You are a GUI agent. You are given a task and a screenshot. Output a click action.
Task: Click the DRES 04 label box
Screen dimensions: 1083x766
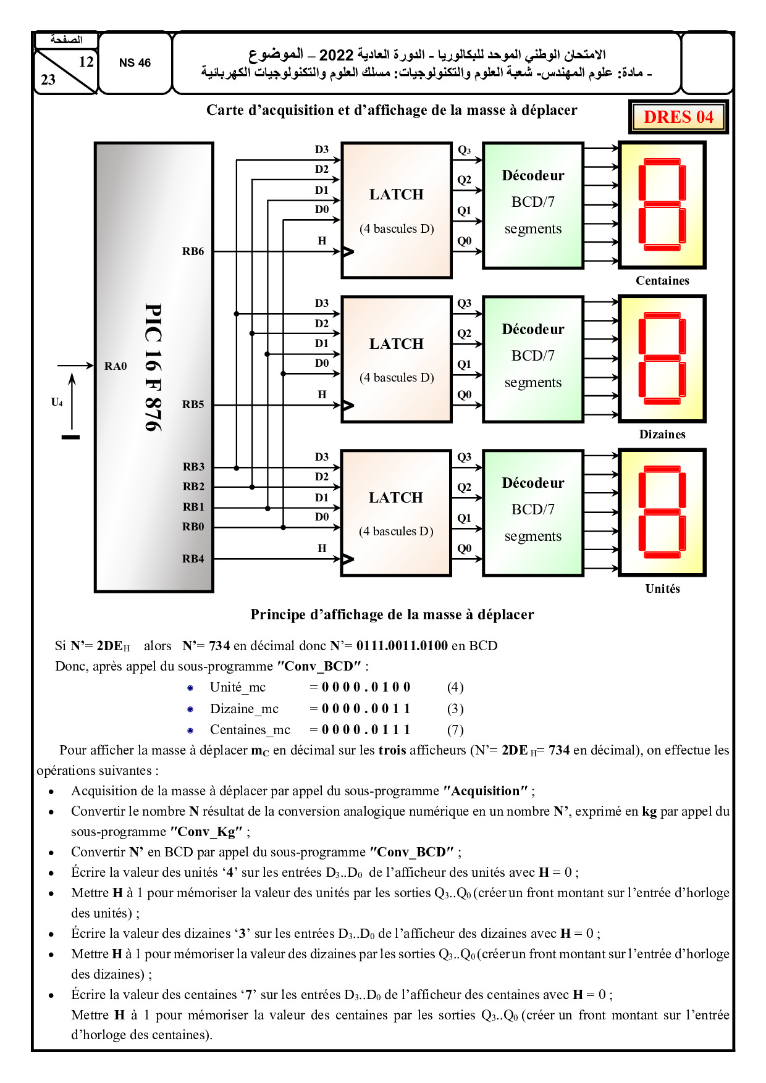pos(678,117)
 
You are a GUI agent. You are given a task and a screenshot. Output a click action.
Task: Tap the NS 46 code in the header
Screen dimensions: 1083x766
pos(135,63)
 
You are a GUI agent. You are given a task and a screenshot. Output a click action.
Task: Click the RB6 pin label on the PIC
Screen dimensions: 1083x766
pos(193,251)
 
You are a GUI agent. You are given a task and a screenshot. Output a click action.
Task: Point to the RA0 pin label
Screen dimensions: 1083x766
pos(116,366)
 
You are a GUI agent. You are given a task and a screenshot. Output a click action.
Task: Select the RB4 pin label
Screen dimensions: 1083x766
pos(193,559)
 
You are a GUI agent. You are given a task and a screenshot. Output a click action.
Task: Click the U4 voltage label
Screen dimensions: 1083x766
pos(57,403)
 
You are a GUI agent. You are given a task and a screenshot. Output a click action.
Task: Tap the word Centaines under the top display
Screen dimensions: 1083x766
pos(662,281)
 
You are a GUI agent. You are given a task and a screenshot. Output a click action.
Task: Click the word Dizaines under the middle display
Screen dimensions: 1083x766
pos(662,435)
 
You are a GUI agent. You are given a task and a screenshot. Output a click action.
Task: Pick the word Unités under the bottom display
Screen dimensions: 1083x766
pos(662,589)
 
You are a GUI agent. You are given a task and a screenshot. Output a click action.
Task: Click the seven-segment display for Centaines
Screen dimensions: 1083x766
pos(662,205)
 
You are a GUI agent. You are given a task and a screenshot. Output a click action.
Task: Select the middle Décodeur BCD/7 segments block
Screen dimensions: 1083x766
pos(532,359)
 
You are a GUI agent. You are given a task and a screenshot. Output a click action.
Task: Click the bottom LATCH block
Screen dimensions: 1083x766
pos(396,513)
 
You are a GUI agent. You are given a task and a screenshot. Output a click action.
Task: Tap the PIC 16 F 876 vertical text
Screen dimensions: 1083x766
pos(153,367)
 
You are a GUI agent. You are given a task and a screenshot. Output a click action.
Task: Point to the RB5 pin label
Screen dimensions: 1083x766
pos(193,404)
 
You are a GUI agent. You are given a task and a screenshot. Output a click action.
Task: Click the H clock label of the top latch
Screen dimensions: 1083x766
pos(322,241)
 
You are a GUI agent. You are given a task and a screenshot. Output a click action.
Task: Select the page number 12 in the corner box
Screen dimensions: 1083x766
pos(86,62)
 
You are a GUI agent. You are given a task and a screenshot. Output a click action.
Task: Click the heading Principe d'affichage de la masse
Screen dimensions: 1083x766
pos(392,614)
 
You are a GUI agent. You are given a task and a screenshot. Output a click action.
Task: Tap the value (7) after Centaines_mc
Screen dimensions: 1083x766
pos(455,730)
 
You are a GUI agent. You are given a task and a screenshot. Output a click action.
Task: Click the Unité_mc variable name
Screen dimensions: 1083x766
pos(237,687)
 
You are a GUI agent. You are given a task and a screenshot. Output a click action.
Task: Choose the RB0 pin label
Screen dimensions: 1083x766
pos(193,527)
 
